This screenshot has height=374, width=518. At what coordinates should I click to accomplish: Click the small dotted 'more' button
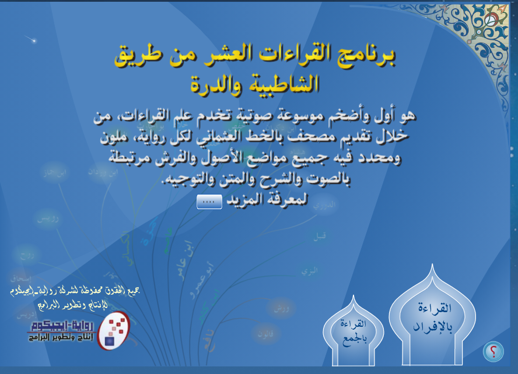pos(209,201)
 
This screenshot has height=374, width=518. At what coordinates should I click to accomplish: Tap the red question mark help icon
pos(493,351)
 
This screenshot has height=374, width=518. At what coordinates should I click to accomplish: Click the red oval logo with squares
pos(113,330)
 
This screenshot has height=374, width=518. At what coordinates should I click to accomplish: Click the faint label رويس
pos(43,219)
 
